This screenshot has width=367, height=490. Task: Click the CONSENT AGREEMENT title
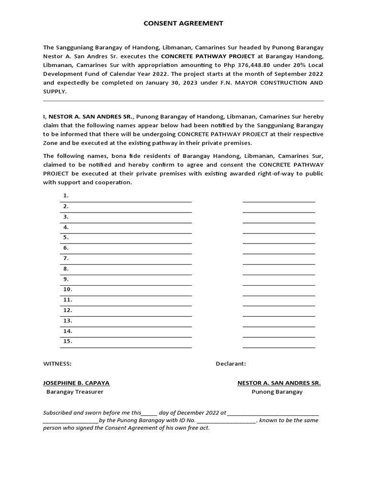(183, 23)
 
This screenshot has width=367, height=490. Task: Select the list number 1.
(66, 196)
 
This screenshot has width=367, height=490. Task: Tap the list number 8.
(66, 269)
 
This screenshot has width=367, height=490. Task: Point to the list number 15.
(67, 342)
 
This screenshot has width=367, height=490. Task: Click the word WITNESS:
(57, 364)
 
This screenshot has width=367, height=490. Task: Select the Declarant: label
(231, 364)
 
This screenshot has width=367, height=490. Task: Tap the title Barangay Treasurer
(75, 392)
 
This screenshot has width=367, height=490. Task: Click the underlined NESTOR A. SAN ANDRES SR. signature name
(279, 383)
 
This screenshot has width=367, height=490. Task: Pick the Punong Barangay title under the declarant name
(277, 392)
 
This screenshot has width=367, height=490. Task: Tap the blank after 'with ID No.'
(227, 421)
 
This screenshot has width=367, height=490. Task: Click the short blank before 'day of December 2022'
(149, 412)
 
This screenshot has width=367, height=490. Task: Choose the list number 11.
(67, 300)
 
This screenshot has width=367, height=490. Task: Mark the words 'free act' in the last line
(197, 428)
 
